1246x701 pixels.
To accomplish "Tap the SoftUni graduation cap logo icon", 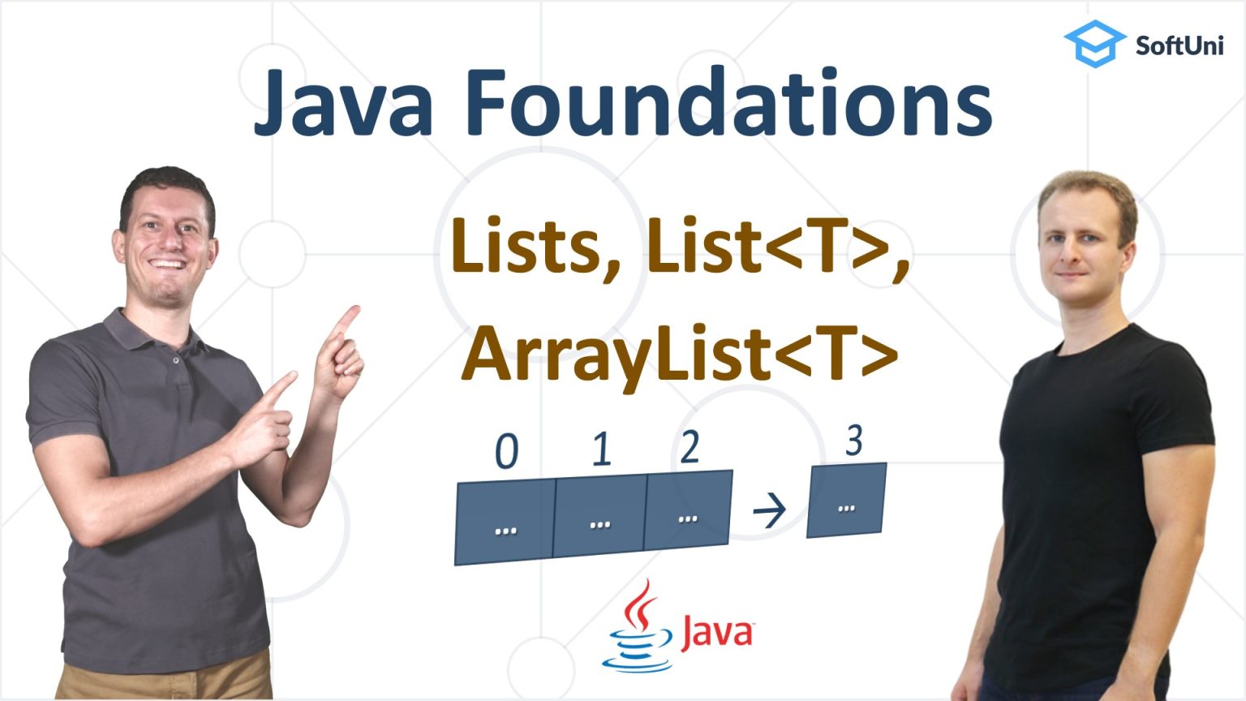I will (x=1093, y=43).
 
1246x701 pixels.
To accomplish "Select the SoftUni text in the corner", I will (x=1179, y=45).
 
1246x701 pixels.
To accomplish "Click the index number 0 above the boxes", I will (x=507, y=451).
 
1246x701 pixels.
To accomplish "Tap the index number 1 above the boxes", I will (x=601, y=448).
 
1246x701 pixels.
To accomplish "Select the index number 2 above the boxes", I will (x=690, y=445).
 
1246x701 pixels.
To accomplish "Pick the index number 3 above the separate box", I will (x=853, y=441).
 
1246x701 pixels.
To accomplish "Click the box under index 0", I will (x=505, y=522).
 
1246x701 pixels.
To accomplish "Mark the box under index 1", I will (x=599, y=516).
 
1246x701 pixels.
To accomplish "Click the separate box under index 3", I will (x=846, y=501).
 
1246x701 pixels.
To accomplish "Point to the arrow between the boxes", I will (x=769, y=510).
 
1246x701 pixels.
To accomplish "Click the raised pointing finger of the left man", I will (x=349, y=319).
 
